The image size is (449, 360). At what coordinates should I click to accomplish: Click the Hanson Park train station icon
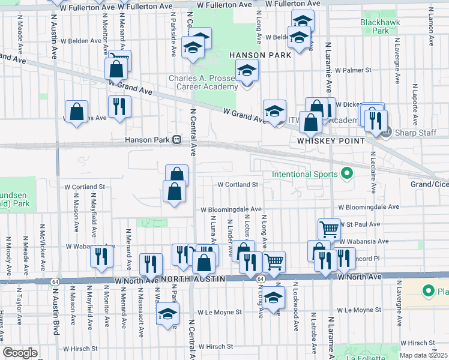pos(177,140)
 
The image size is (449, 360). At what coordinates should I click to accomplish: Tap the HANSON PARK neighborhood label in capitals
pos(260,55)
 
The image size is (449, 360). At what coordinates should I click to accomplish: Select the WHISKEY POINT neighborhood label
pos(331,140)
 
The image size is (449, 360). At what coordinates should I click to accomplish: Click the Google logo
pos(20,352)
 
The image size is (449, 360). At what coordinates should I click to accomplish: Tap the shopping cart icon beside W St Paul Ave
pos(328,228)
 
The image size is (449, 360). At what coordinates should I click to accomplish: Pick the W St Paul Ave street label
pos(359,224)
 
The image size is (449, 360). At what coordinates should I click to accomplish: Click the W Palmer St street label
pos(354,70)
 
